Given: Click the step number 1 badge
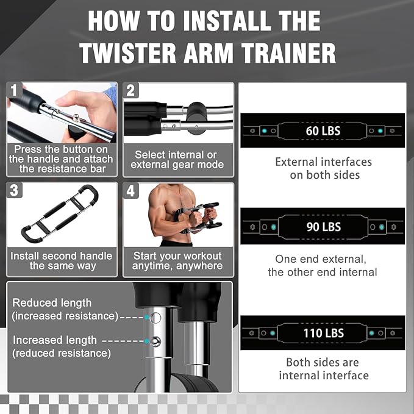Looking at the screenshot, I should tap(15, 92).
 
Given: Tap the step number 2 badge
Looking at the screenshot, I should tap(131, 92).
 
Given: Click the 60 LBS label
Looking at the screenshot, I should tap(323, 130).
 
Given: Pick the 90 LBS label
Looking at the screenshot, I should tap(323, 227).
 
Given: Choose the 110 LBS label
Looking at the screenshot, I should tap(323, 334).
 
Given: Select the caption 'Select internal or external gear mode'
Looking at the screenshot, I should tap(177, 160).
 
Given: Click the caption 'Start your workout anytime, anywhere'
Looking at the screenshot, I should tap(177, 261).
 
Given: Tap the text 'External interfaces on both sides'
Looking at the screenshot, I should tap(323, 169).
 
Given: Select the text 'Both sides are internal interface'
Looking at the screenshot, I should tap(324, 369).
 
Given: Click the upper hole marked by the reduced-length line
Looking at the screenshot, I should tap(156, 317).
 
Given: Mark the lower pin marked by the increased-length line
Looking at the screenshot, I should tap(156, 341).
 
